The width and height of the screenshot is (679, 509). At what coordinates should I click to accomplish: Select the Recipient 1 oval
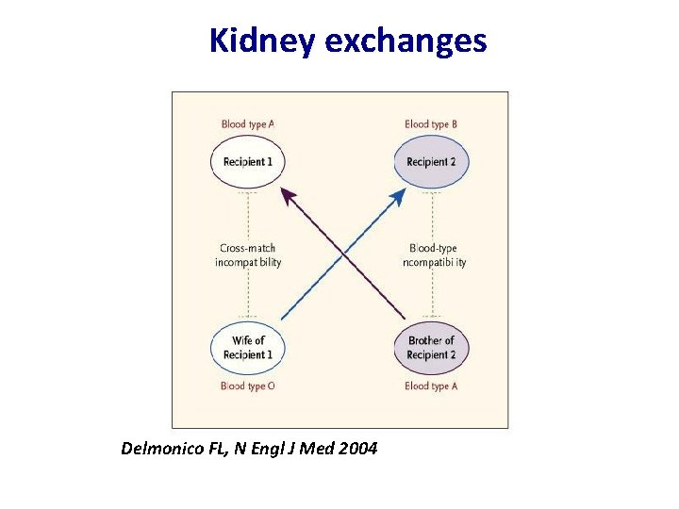[247, 161]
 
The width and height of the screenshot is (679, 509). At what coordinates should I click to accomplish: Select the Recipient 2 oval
[431, 161]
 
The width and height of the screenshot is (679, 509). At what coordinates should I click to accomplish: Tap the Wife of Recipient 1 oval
[247, 348]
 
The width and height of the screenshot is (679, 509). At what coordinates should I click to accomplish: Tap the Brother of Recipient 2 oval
[431, 348]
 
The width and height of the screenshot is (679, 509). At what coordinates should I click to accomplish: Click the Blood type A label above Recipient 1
[247, 123]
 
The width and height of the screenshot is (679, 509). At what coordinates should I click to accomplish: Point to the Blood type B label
[431, 123]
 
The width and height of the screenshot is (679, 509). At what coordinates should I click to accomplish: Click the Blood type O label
[247, 386]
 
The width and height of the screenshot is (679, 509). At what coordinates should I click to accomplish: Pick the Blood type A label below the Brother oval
[431, 386]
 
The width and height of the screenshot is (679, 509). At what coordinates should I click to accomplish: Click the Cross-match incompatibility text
[247, 255]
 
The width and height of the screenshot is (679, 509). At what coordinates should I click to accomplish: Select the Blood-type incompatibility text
[434, 255]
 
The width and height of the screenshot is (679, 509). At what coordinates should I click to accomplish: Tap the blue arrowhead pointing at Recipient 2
[400, 194]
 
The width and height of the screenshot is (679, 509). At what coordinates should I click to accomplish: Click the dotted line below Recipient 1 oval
[247, 212]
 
